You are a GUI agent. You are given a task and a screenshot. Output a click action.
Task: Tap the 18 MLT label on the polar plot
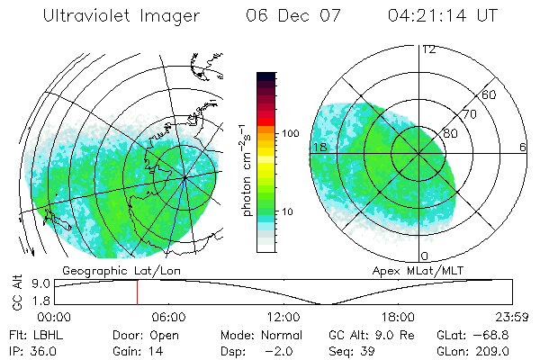pos(319,146)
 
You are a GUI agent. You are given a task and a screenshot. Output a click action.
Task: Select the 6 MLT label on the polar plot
pos(523,146)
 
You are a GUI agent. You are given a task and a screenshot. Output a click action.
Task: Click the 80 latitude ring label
pos(450,133)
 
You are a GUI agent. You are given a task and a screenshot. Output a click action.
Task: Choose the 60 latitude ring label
pos(490,94)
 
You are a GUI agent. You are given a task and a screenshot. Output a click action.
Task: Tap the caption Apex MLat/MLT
pos(411,270)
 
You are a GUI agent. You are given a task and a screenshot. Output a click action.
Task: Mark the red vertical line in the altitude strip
pos(137,292)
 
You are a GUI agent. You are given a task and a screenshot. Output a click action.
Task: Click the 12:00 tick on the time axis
pos(283,317)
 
